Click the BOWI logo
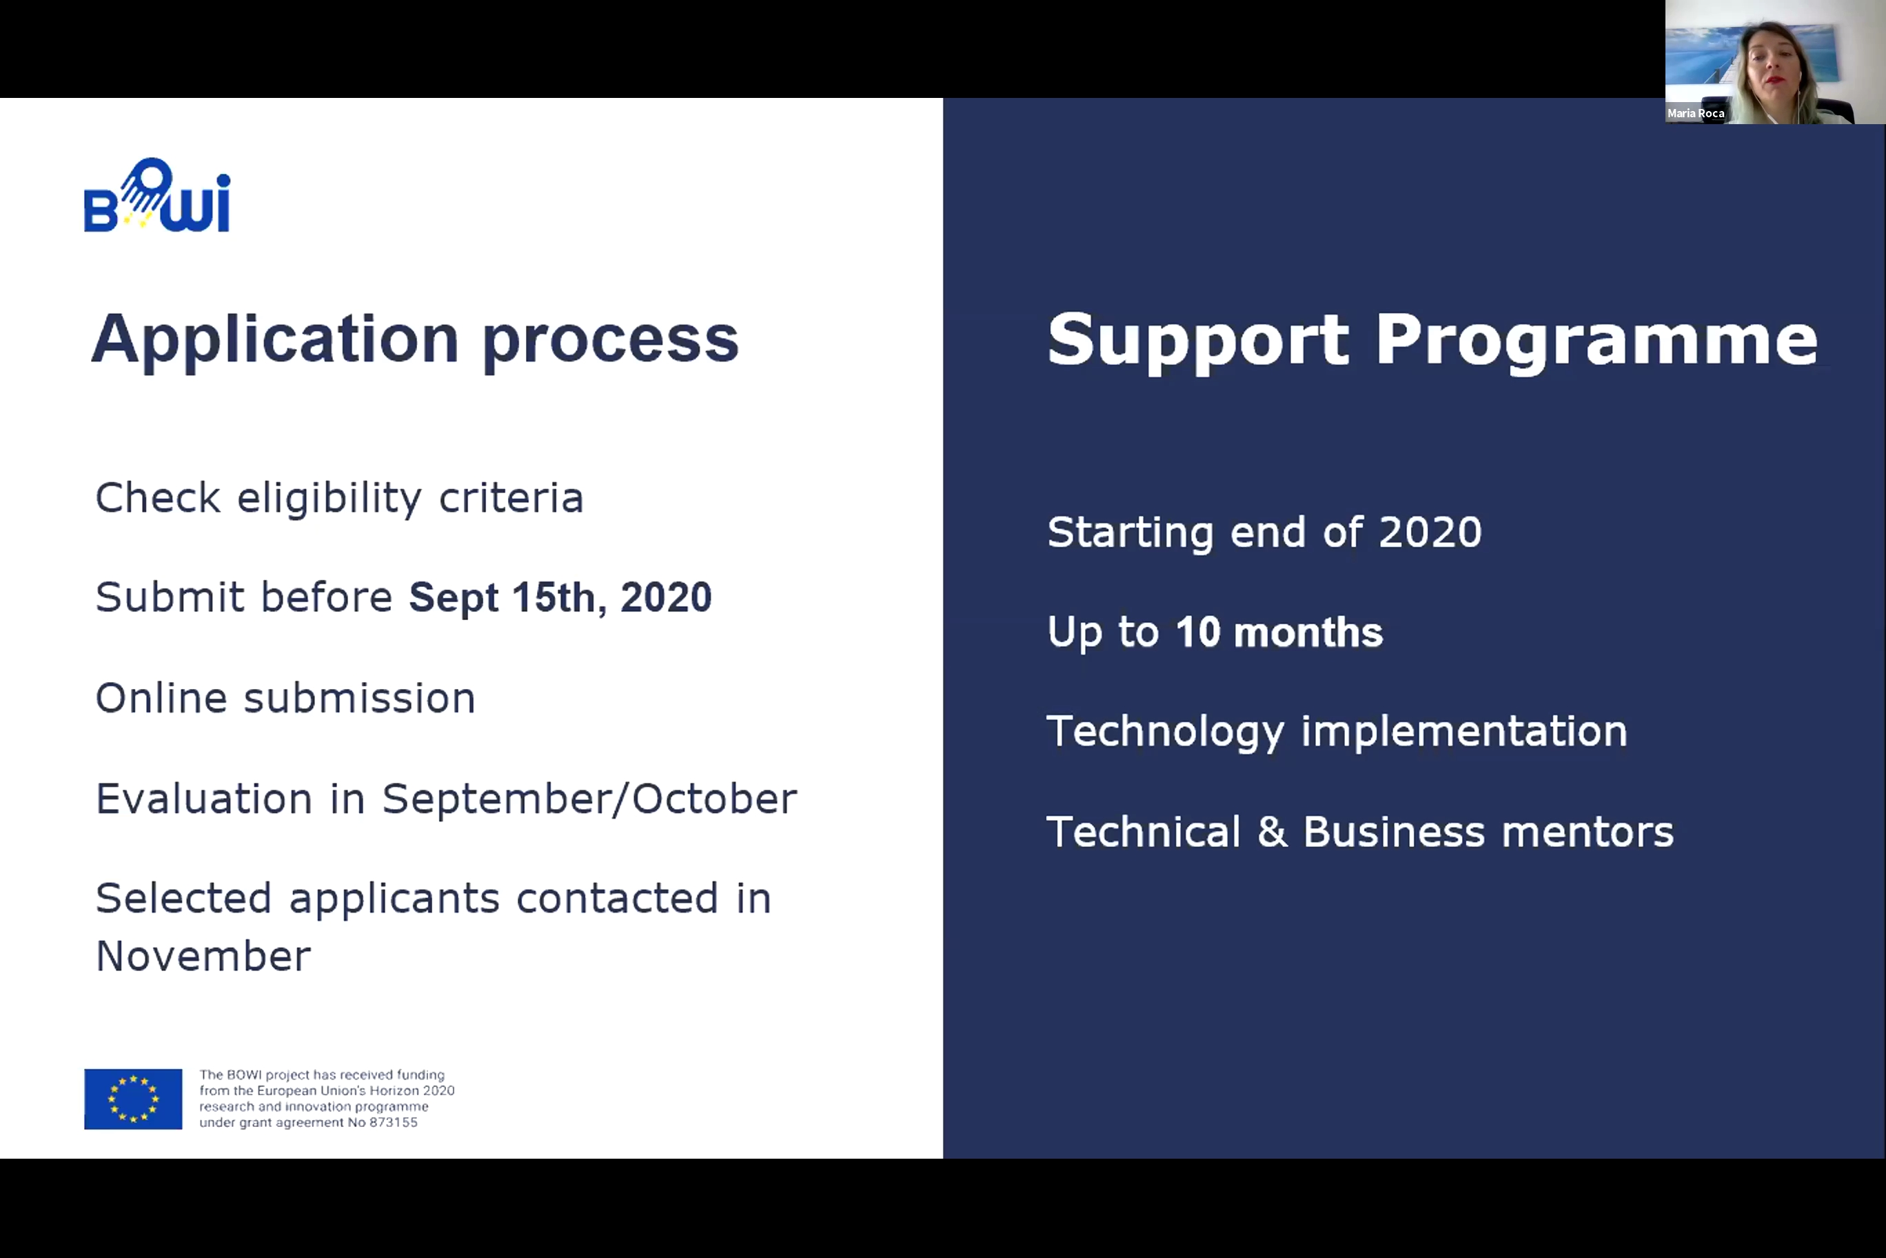[x=157, y=196]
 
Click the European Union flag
[x=133, y=1099]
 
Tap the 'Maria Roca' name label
[x=1695, y=113]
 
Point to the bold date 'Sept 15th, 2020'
[x=560, y=598]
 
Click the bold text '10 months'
[x=1279, y=632]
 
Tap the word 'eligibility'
[x=329, y=499]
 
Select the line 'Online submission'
[x=285, y=697]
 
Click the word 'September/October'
[x=589, y=799]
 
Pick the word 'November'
[x=203, y=957]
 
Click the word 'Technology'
[x=1165, y=732]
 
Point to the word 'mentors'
[x=1588, y=832]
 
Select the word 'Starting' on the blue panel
[x=1130, y=532]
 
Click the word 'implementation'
[x=1464, y=732]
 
